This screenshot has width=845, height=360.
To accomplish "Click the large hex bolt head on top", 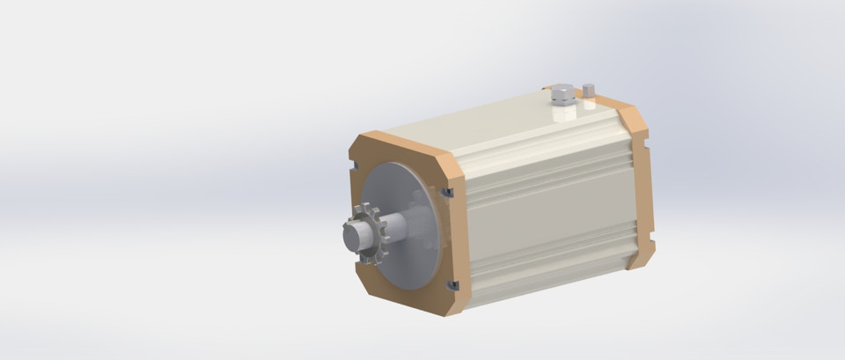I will pyautogui.click(x=563, y=92).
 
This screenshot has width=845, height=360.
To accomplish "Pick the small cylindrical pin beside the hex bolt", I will pyautogui.click(x=589, y=91).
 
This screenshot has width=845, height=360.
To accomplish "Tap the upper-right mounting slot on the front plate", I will pyautogui.click(x=447, y=192).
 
